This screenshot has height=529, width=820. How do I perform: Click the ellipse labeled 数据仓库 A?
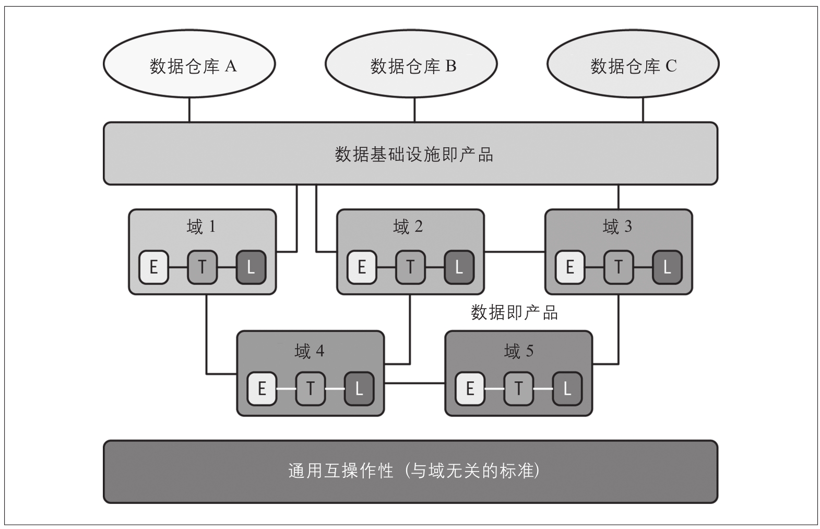point(189,65)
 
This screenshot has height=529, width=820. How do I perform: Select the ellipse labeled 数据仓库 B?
point(411,65)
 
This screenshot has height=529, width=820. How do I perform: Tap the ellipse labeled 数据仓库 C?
point(633,65)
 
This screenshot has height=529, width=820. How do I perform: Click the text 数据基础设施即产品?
point(413,155)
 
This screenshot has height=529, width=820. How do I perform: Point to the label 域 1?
point(201,226)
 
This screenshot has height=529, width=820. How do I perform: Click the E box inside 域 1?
point(154,267)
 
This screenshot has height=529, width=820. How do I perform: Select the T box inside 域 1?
point(202,267)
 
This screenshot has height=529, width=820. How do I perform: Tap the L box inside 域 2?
point(459,267)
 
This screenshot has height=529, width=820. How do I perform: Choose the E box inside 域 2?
point(362,267)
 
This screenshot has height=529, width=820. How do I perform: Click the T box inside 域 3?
point(619,267)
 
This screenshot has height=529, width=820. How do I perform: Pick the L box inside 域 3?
point(667,267)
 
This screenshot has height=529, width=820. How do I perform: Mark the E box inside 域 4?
point(262,389)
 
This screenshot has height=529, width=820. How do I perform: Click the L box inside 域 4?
point(359,389)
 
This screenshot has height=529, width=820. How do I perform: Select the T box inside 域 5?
point(518,389)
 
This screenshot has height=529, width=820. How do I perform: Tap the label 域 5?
point(518,351)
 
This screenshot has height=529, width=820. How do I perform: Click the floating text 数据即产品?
point(514,312)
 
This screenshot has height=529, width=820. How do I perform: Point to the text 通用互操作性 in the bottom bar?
point(340,471)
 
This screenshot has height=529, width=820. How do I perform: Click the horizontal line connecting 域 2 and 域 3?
point(514,252)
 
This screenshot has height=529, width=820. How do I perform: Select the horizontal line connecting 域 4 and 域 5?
point(414,383)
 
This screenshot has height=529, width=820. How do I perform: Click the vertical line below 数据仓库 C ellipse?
point(643,110)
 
